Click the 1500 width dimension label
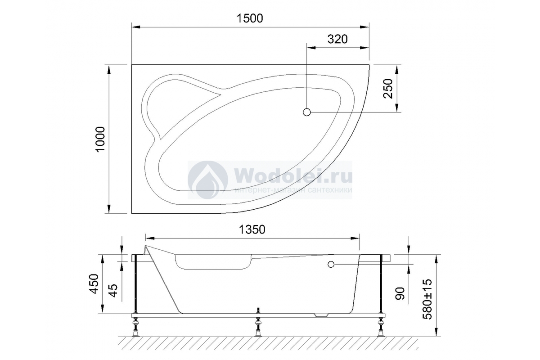pyautogui.click(x=250, y=18)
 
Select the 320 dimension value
pyautogui.click(x=337, y=39)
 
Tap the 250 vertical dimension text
pyautogui.click(x=388, y=89)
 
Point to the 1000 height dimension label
pyautogui.click(x=100, y=139)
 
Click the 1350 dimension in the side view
pyautogui.click(x=252, y=229)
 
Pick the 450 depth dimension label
pyautogui.click(x=94, y=283)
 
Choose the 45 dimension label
pyautogui.click(x=113, y=290)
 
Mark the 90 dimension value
pyautogui.click(x=400, y=293)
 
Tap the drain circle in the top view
pyautogui.click(x=306, y=112)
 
